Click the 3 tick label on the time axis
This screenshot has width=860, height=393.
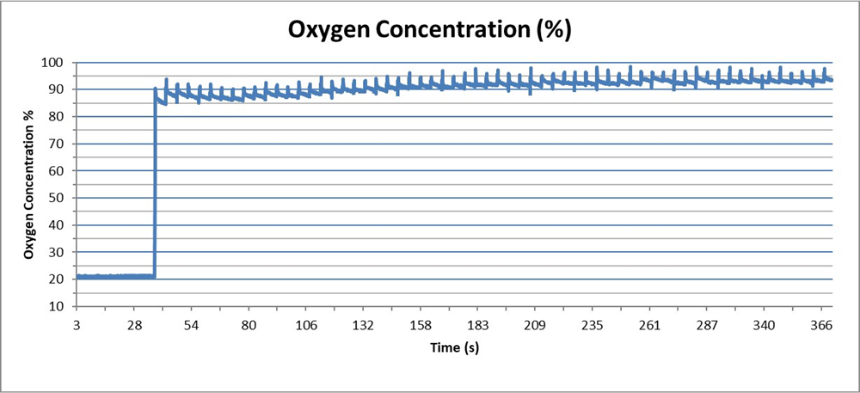(77, 325)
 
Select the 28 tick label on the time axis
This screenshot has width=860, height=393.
(133, 325)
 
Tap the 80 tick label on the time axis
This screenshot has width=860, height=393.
(249, 325)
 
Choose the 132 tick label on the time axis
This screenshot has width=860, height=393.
(363, 325)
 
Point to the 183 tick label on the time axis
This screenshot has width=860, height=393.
(477, 325)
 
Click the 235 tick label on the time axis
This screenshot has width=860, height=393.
(593, 325)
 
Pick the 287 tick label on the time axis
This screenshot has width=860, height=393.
(707, 325)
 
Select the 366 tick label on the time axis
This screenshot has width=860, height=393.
(821, 325)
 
